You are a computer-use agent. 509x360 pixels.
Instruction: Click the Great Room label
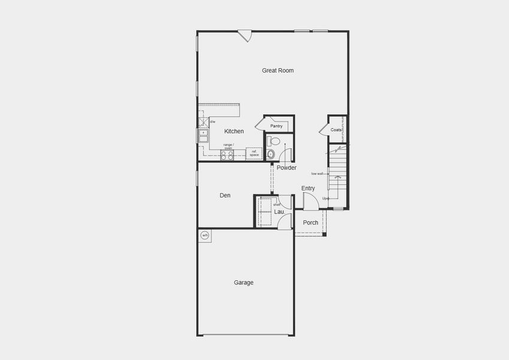(x=278, y=71)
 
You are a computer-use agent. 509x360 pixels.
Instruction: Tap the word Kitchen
(x=234, y=131)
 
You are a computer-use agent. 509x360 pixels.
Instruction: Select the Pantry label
(x=276, y=126)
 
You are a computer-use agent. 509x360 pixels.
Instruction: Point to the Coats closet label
(x=336, y=130)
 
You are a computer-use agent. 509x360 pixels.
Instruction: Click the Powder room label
(x=287, y=168)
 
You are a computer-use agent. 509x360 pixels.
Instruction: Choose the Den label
(x=225, y=196)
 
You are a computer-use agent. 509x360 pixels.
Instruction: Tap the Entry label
(x=308, y=188)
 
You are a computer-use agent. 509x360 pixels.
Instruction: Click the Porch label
(x=311, y=223)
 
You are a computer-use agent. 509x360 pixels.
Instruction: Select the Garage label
(x=243, y=283)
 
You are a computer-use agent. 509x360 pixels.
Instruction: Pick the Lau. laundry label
(x=279, y=212)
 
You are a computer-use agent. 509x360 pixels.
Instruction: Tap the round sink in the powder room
(x=271, y=154)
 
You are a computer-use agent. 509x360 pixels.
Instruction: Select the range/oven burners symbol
(x=227, y=155)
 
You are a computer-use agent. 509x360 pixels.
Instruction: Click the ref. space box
(x=254, y=153)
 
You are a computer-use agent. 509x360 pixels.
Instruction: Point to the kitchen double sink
(x=203, y=136)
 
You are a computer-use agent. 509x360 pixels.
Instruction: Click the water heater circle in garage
(x=204, y=235)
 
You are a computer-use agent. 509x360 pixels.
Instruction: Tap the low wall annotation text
(x=317, y=174)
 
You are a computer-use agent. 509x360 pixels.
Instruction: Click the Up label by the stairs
(x=325, y=199)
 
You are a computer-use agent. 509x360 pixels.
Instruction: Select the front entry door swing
(x=310, y=202)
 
